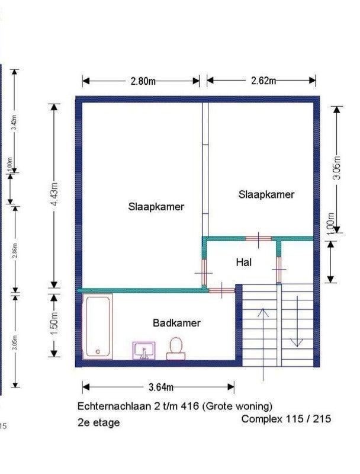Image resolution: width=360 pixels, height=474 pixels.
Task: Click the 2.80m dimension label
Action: (x=143, y=81)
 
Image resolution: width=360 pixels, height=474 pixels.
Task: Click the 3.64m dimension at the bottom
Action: (x=160, y=387)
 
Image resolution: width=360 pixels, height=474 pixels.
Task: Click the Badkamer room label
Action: (x=176, y=324)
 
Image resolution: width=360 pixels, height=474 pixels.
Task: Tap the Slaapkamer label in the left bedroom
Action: (x=156, y=207)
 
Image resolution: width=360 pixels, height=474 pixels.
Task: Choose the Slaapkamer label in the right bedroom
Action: (x=266, y=194)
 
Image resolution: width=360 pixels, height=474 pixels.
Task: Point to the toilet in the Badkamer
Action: (x=175, y=348)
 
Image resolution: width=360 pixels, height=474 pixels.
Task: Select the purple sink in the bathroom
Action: (x=144, y=350)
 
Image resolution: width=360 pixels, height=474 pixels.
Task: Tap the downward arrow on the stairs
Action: (x=296, y=329)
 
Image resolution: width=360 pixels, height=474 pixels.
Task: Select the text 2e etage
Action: (x=98, y=422)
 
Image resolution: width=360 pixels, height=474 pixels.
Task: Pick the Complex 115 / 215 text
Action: (x=286, y=418)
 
